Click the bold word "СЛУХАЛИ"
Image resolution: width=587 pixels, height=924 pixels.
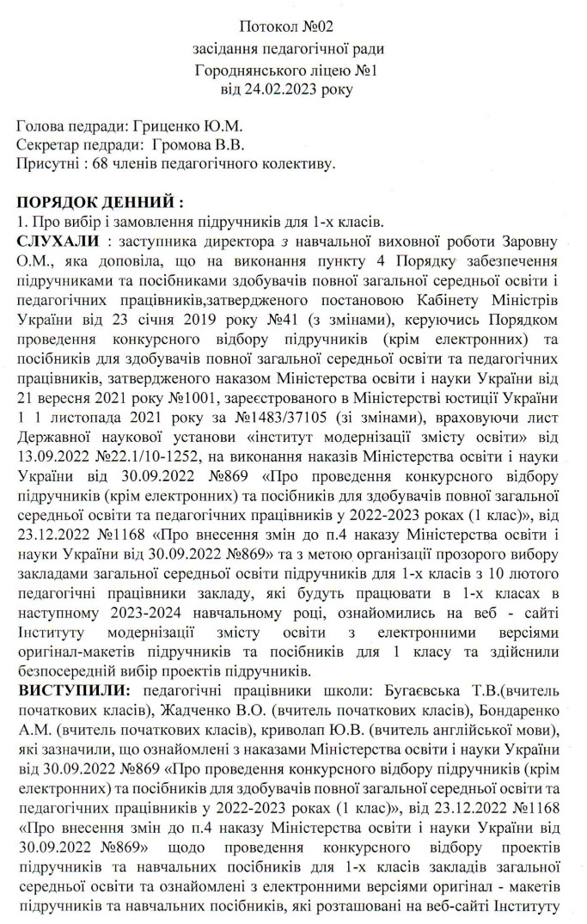62,239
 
